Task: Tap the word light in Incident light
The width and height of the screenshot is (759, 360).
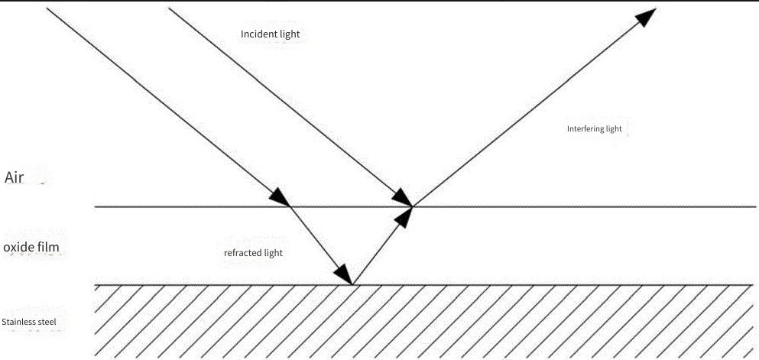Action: point(290,34)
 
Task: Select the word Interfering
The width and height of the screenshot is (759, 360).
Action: point(585,128)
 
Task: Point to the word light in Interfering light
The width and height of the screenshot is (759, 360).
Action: point(615,128)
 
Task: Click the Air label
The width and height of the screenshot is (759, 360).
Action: point(15,177)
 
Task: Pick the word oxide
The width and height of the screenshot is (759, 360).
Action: point(18,248)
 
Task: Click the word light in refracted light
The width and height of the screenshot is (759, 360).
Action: point(274,253)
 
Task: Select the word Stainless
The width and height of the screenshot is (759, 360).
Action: point(18,322)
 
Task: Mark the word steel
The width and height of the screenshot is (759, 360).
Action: point(46,322)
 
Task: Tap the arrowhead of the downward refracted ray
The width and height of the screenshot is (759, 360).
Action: point(343,274)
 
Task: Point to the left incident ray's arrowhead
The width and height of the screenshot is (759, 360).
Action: point(279,197)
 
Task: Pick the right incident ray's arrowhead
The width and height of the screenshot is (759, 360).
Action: point(402,199)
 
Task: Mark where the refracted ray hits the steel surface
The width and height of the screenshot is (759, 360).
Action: point(352,285)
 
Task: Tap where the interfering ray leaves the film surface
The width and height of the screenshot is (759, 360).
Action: point(413,206)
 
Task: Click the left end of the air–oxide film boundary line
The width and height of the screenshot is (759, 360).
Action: point(95,206)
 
